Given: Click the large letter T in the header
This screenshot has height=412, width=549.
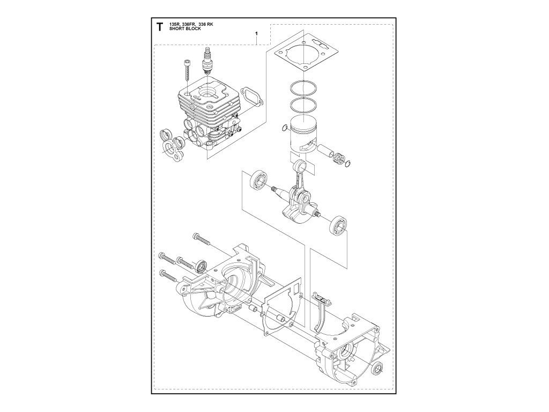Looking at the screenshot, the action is click(160, 27).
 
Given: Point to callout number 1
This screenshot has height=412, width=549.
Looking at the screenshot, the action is click(257, 33).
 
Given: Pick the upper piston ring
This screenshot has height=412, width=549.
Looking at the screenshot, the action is click(305, 90).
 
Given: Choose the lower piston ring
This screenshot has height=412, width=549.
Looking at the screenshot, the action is click(305, 105).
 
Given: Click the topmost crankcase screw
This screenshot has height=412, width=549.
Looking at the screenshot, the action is click(202, 239).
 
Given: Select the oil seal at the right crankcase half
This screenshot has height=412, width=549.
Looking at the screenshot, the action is click(376, 369).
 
